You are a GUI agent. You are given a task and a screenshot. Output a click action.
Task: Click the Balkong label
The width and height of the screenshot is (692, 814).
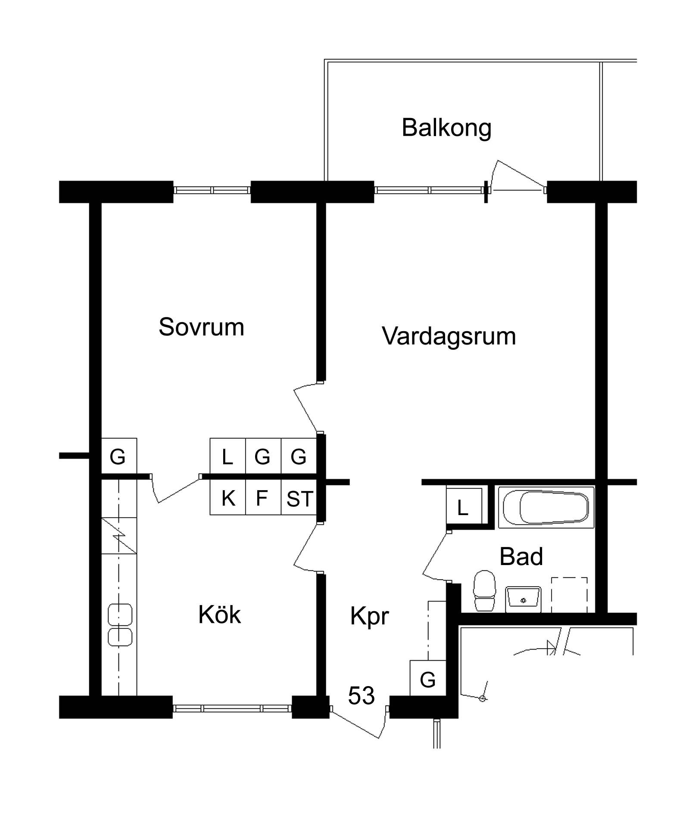446,128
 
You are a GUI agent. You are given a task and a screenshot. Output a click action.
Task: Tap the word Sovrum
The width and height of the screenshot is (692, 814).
201,327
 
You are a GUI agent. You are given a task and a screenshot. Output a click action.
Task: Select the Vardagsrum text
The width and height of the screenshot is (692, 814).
449,336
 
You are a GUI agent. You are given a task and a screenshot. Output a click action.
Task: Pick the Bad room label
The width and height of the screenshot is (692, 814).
521,556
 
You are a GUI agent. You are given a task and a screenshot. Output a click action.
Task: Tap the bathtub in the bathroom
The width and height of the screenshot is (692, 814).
546,507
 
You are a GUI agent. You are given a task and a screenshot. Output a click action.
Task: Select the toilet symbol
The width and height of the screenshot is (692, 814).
484,590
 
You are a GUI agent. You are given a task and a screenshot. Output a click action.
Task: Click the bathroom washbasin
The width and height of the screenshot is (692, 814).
523,599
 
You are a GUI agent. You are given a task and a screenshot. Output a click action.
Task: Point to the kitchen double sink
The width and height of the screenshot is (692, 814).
120,625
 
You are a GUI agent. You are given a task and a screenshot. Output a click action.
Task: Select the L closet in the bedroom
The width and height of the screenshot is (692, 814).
228,456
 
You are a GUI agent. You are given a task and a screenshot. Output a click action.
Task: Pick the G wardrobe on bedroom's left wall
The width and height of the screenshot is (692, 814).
119,456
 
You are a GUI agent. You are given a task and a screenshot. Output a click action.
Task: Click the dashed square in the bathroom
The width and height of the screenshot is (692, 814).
570,595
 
